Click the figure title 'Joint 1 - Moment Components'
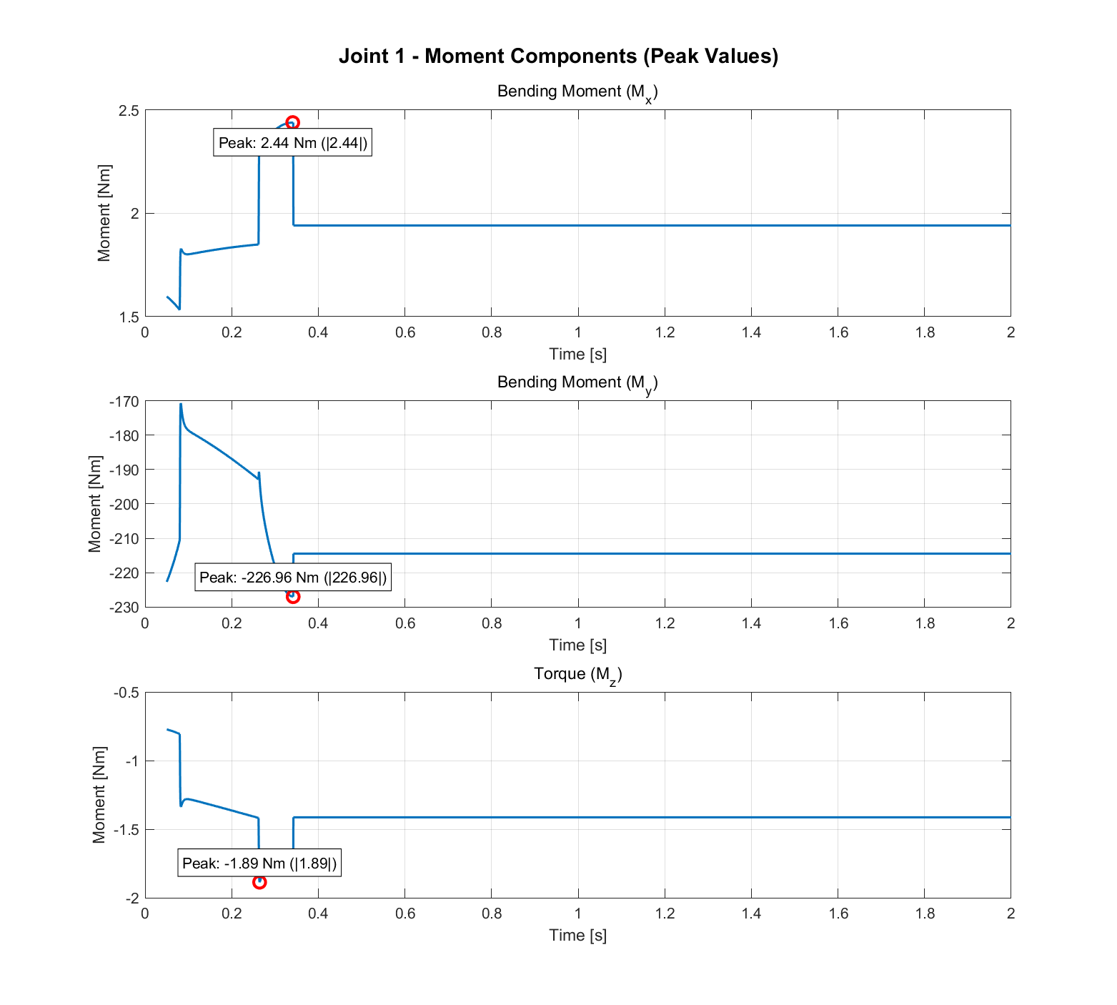(x=558, y=56)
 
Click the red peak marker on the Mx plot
(x=292, y=123)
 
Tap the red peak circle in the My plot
(x=293, y=596)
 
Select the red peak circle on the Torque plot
(x=259, y=882)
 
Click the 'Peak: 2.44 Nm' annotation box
(x=293, y=143)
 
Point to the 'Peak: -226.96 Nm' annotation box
(x=293, y=578)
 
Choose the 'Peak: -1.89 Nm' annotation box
(x=259, y=863)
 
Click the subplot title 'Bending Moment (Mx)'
(x=577, y=92)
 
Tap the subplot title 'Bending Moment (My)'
(x=577, y=383)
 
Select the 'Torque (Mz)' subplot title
(x=577, y=674)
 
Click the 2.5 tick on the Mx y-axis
(x=129, y=111)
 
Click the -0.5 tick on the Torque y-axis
(x=126, y=693)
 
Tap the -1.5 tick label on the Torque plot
(x=126, y=830)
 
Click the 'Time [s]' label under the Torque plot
(x=577, y=935)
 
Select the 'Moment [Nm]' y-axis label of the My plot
(x=95, y=504)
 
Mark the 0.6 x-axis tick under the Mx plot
(x=405, y=332)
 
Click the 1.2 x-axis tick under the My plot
(x=665, y=623)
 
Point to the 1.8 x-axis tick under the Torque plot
(x=924, y=914)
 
